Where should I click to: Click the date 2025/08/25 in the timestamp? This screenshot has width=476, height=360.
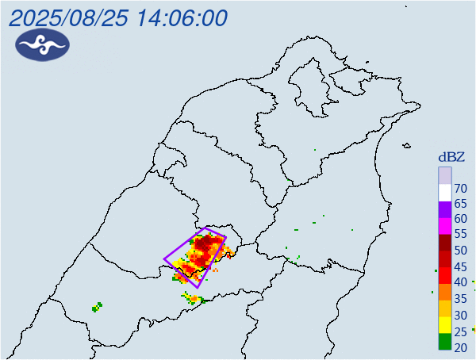coord(63,18)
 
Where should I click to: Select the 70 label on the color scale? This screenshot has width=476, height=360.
coord(459,188)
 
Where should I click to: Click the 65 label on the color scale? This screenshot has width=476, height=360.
coord(459,209)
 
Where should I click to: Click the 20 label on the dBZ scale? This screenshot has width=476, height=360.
coord(459,347)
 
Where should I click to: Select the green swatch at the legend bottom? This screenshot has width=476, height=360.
coord(445,343)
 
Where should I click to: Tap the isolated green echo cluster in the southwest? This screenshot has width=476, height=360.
coord(98,306)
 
